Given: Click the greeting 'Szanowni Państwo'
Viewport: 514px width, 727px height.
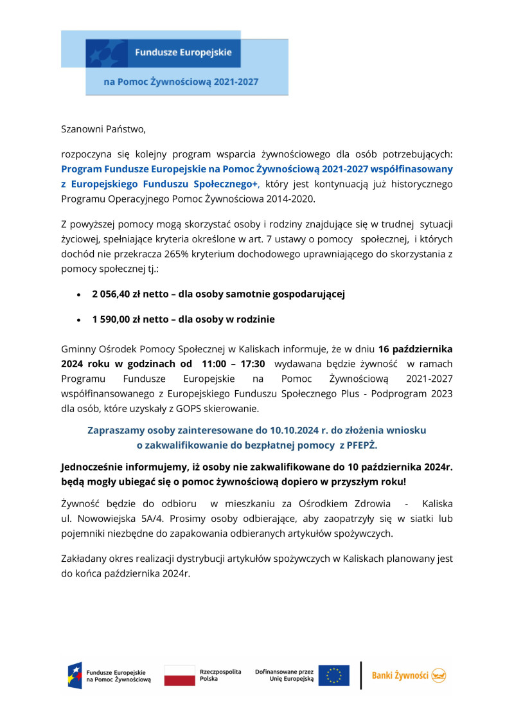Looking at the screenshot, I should (103, 129).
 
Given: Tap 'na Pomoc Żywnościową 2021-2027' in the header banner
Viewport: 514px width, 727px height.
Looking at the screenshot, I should (181, 83).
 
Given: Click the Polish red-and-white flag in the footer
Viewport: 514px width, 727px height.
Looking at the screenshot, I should (179, 676).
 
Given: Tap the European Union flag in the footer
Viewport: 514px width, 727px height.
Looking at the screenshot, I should (333, 676).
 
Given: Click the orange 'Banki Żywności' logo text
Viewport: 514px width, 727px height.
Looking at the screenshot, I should (400, 676).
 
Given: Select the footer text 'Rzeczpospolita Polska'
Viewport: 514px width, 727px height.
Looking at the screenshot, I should (220, 675).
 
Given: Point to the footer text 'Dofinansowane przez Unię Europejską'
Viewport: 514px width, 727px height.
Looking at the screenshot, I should (284, 675).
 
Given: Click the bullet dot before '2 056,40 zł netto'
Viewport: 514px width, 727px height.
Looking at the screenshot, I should (78, 295).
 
